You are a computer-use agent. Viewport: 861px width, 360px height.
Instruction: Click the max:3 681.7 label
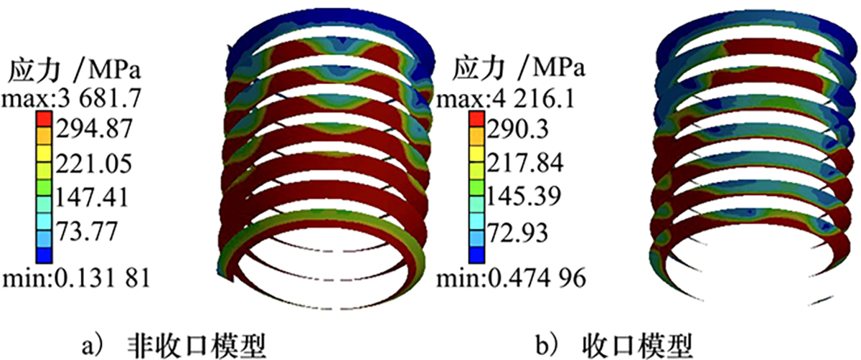click(x=72, y=99)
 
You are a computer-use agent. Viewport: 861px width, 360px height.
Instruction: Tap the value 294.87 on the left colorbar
click(x=94, y=128)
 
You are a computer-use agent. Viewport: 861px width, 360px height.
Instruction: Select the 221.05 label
click(x=94, y=163)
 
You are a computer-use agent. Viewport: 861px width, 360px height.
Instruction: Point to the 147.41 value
click(x=93, y=197)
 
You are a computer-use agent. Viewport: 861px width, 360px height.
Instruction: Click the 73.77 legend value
click(x=87, y=232)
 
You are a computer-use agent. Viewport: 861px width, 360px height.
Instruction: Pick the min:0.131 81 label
click(x=76, y=278)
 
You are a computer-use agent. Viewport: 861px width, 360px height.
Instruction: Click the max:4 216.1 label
click(x=505, y=99)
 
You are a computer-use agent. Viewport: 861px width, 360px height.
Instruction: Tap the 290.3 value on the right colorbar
click(x=518, y=128)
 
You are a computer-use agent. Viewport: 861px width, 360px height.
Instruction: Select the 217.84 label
click(x=525, y=163)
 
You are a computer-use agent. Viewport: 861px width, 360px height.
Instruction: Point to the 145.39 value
click(x=524, y=197)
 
